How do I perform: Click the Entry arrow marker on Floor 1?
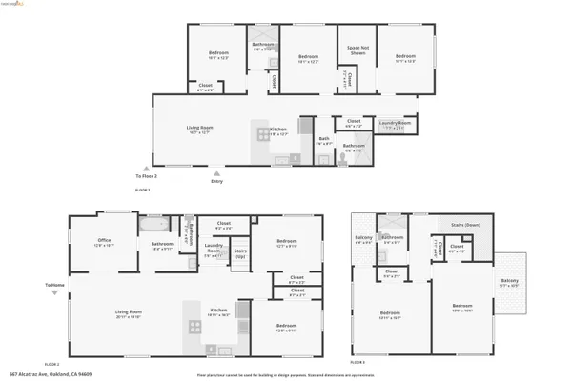pos(217,173)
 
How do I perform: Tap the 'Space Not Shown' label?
pos(357,50)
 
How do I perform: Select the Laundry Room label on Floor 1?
pos(395,123)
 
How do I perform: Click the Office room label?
pos(105,243)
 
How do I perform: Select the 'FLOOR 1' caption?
pos(142,190)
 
